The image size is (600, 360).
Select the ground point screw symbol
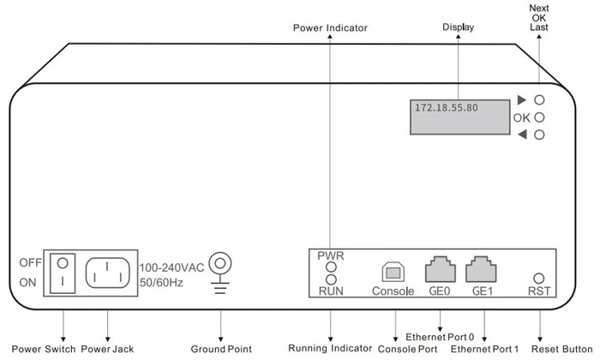[x=221, y=262]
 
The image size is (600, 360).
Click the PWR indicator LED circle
[x=330, y=267]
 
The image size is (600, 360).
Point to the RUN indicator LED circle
[x=330, y=279]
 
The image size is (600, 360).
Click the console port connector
[x=393, y=271]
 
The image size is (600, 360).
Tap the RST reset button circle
[x=539, y=278]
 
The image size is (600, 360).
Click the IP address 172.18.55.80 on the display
[x=447, y=109]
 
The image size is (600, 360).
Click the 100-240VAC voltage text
[x=171, y=267]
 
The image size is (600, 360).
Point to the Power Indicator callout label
[x=329, y=28]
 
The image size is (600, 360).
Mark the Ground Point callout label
[x=222, y=349]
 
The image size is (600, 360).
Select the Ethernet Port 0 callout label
[x=440, y=337]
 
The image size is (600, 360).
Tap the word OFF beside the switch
[x=31, y=261]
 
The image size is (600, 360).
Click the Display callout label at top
[x=459, y=27]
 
